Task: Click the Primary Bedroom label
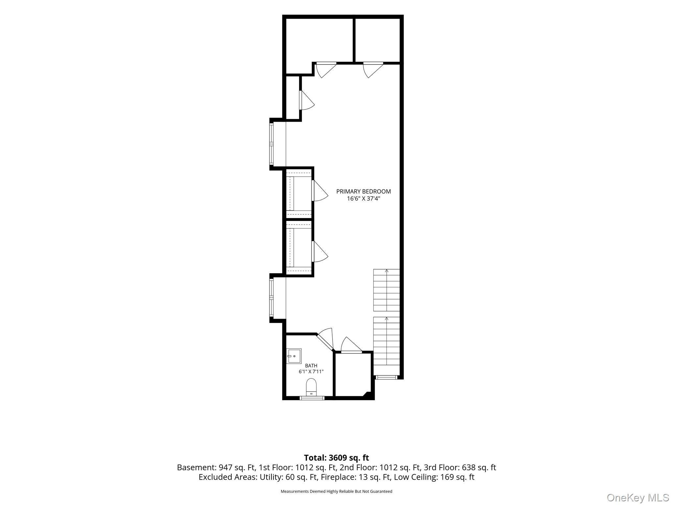coord(363,191)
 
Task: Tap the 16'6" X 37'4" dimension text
coord(363,199)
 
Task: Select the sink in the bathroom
coord(294,356)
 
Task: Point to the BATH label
coord(311,366)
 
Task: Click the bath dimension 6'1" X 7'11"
coord(311,372)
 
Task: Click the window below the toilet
coord(312,398)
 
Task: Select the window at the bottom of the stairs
coord(386,377)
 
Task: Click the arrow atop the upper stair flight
coord(387,271)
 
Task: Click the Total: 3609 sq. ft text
coord(336,458)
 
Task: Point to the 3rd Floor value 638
coord(469,468)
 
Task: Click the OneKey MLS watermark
coord(638,497)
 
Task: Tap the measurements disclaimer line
coord(336,492)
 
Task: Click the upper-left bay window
coord(271,144)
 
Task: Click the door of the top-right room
coord(373,69)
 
